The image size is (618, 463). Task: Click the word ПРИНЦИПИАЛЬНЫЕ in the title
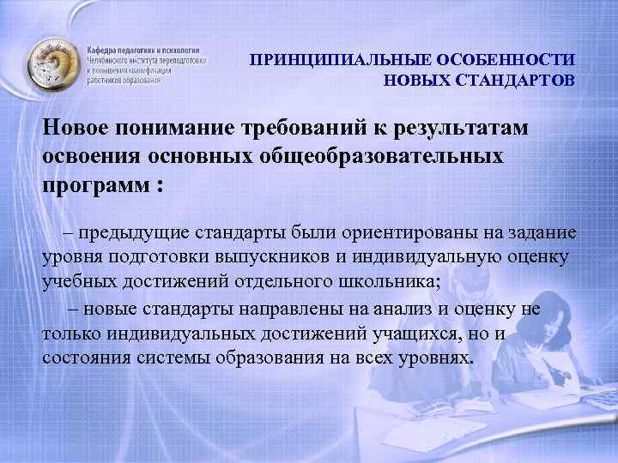(342, 61)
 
